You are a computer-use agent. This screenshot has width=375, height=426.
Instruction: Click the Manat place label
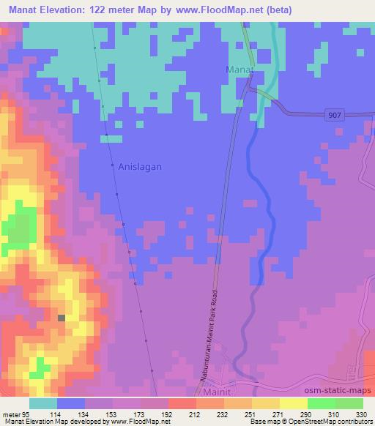click(239, 70)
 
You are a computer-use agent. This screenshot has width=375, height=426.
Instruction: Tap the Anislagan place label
click(140, 166)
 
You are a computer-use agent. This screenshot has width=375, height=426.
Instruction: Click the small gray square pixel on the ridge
click(62, 318)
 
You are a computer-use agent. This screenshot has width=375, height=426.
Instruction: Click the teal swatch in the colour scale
click(42, 403)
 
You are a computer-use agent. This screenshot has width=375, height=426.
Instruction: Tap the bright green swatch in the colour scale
click(321, 403)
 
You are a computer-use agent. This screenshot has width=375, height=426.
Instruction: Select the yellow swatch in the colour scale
click(293, 403)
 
